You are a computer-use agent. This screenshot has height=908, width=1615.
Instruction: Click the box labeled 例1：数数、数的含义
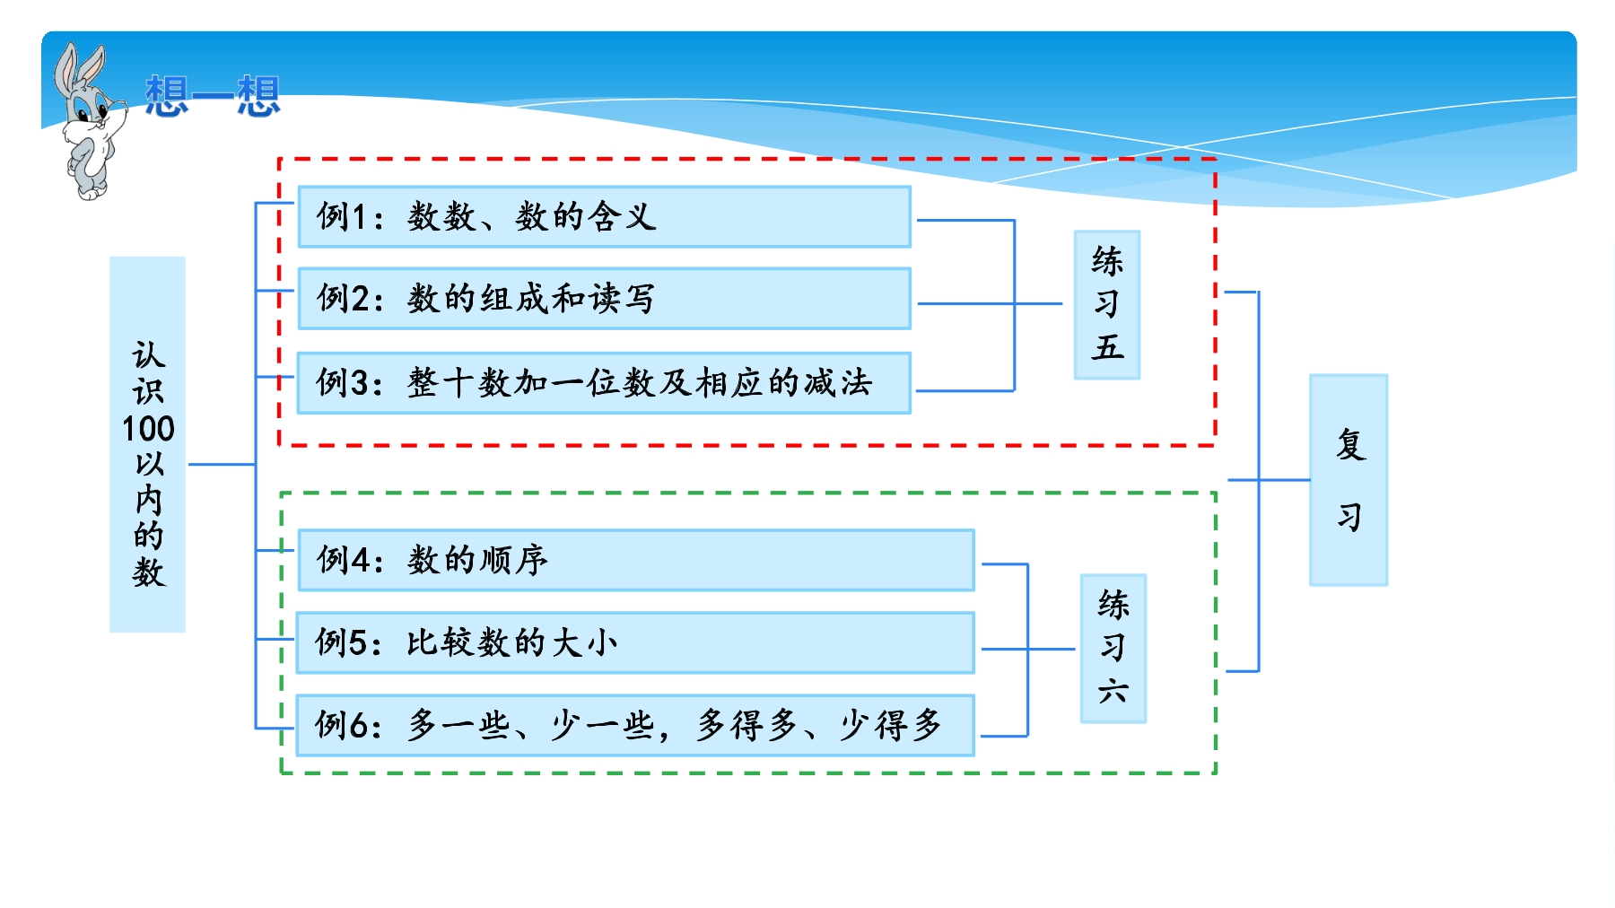click(604, 216)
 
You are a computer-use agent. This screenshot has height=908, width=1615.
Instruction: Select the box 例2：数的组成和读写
click(604, 299)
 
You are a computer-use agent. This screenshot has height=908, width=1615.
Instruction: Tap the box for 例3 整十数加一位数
click(604, 383)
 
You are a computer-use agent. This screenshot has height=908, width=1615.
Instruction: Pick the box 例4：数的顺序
click(636, 560)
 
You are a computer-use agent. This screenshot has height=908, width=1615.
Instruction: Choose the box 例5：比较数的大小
click(636, 642)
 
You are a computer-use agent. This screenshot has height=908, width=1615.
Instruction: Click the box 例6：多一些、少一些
click(636, 725)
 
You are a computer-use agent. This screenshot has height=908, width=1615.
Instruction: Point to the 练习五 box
click(1107, 305)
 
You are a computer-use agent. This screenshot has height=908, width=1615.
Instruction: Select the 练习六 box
click(1113, 649)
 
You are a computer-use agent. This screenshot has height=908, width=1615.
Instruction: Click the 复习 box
click(1349, 480)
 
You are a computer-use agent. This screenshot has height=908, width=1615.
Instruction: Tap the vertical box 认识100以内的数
click(148, 444)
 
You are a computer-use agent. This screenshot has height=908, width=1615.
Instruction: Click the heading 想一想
click(213, 96)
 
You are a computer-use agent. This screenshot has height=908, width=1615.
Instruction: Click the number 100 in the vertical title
click(148, 429)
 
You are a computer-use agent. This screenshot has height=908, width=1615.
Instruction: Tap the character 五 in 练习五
click(1108, 347)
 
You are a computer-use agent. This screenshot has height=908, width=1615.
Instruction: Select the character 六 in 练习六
click(1113, 691)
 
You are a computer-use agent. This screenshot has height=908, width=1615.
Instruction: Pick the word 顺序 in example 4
click(513, 560)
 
